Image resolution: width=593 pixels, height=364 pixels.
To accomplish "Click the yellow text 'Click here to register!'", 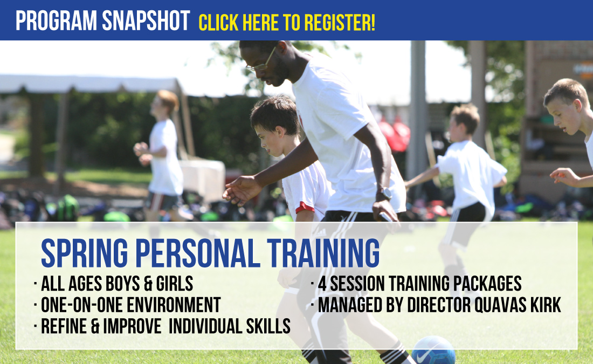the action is [287, 23].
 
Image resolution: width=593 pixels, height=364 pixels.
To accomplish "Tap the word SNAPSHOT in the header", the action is [146, 20].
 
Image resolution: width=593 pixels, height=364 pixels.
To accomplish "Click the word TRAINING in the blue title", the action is [323, 253].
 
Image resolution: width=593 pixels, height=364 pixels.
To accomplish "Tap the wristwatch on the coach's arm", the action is [384, 194].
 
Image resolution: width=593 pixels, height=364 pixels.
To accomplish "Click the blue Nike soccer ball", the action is [433, 351].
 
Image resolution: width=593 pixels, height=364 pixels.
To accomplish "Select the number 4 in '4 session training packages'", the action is [322, 284].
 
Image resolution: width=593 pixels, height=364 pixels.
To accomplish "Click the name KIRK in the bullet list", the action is [546, 305].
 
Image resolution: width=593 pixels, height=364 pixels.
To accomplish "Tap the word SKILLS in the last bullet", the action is [268, 326].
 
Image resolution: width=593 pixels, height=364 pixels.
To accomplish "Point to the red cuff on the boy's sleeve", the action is [305, 208].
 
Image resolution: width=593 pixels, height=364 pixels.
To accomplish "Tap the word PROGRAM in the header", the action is [57, 20].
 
